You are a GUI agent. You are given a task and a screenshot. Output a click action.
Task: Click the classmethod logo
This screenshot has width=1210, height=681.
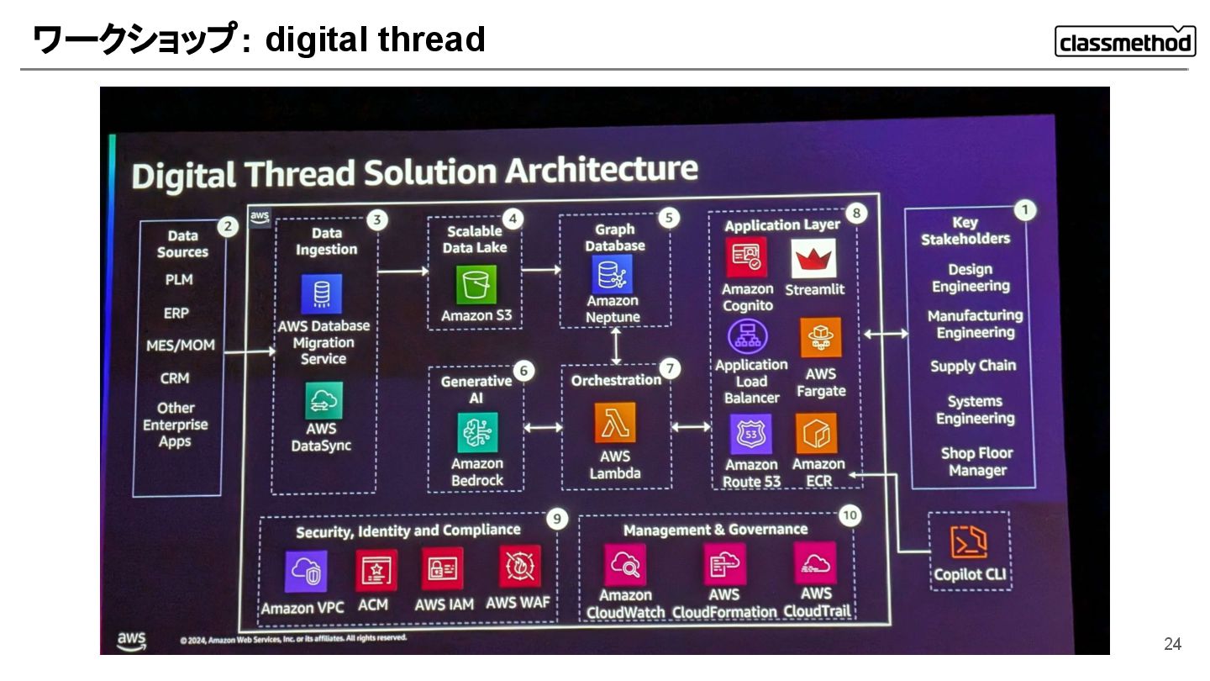(1125, 41)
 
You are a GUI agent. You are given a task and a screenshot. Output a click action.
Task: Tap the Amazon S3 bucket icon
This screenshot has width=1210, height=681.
(476, 285)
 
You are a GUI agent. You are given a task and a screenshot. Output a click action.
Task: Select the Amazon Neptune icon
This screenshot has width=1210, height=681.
(613, 274)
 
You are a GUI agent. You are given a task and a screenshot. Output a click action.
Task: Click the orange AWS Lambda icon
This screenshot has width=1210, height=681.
(615, 422)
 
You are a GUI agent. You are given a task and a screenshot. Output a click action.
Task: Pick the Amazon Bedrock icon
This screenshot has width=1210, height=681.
(477, 434)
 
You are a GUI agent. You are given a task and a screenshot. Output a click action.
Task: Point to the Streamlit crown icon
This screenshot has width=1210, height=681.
(813, 259)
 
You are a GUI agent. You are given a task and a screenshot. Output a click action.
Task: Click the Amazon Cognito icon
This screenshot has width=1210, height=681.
(746, 257)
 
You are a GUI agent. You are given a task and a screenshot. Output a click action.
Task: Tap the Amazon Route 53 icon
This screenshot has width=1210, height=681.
(750, 435)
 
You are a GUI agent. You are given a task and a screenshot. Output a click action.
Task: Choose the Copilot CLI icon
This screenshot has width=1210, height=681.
(968, 542)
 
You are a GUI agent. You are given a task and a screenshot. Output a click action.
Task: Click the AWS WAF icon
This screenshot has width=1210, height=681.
(519, 567)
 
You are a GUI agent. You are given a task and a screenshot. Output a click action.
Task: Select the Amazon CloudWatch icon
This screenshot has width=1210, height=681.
(625, 565)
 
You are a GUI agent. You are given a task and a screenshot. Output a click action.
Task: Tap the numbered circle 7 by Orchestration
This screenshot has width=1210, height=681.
(669, 368)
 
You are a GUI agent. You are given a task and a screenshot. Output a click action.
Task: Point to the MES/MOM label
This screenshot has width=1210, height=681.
(180, 346)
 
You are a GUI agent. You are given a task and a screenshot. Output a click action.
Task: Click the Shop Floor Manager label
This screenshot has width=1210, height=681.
(977, 462)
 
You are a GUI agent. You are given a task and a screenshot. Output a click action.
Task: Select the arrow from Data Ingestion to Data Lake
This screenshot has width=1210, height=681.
(403, 271)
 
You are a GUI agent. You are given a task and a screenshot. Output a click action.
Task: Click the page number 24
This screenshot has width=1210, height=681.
(1172, 644)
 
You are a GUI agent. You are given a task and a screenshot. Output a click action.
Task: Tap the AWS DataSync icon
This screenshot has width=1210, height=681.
(324, 400)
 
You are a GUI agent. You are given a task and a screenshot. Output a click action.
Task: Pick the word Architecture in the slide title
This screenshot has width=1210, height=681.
(589, 169)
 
